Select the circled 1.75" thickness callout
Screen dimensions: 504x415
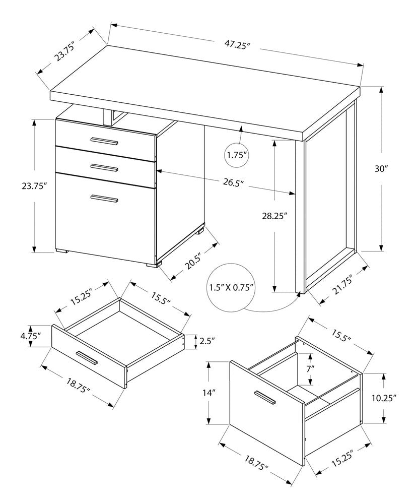[238, 155]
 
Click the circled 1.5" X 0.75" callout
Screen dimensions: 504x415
[231, 288]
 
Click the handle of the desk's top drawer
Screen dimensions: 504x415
[104, 141]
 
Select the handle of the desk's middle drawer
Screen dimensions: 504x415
[104, 167]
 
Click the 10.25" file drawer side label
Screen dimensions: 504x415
[384, 398]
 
